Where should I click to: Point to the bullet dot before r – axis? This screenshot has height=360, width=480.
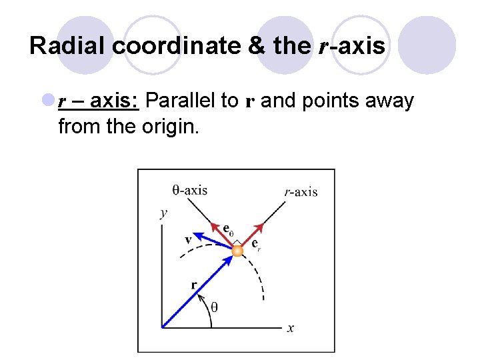[48, 101]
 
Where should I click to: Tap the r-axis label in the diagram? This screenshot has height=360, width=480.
[301, 192]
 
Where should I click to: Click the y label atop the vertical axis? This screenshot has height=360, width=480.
[163, 213]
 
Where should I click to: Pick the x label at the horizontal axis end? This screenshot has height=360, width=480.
[291, 327]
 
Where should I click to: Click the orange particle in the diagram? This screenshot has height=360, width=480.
[237, 250]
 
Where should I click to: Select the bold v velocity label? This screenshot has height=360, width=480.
[189, 239]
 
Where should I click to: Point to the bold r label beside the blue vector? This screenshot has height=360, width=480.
[194, 285]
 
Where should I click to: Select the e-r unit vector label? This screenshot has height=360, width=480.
[255, 245]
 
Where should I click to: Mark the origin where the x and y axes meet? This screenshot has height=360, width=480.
[163, 327]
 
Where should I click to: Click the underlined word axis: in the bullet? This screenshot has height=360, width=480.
[115, 101]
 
